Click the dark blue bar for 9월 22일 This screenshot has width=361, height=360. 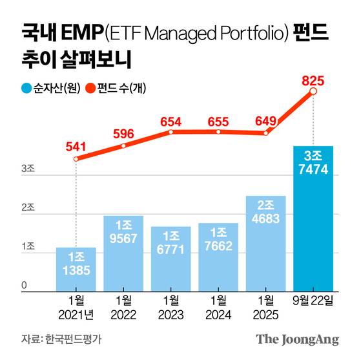point(313,220)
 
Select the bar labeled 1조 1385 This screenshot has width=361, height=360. point(76,269)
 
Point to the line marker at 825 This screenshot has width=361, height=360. point(313,92)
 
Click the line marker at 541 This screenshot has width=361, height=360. point(76,158)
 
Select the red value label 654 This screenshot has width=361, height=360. point(170,121)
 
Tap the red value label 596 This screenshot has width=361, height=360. point(123,134)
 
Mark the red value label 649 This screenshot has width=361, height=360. point(265,120)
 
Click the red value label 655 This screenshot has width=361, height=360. point(218,121)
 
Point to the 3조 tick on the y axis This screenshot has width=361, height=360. point(28,169)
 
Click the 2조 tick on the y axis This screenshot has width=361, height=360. point(28,208)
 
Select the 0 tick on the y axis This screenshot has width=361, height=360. point(24,286)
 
